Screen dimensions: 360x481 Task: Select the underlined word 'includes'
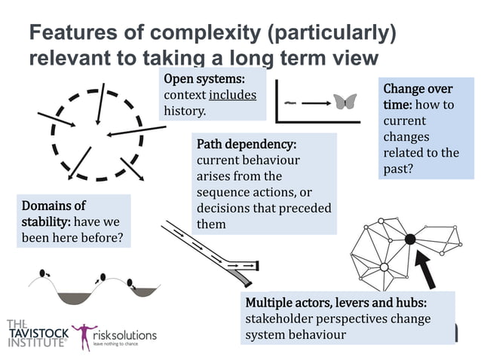click(232, 95)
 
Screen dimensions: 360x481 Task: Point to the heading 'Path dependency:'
click(246, 144)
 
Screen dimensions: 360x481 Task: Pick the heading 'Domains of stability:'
click(57, 215)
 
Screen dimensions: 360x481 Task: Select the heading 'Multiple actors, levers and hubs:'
click(336, 303)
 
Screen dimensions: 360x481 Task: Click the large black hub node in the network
click(409, 239)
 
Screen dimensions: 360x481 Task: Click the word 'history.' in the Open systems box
click(185, 111)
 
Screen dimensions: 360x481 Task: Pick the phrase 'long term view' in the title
click(317, 58)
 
